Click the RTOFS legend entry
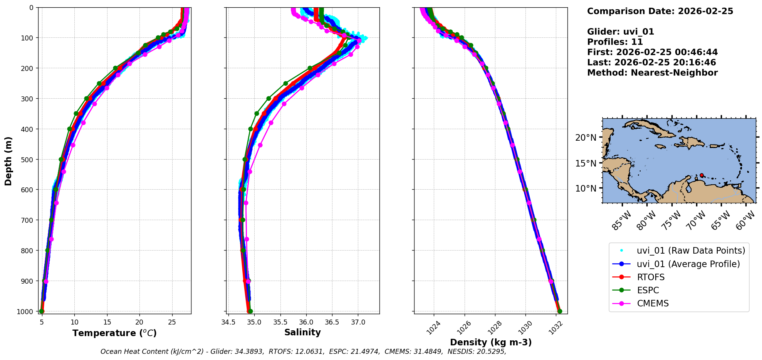tap(651, 277)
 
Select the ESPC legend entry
tap(648, 290)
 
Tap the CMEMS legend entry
tap(653, 303)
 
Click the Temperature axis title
tap(114, 333)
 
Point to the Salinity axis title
tap(302, 332)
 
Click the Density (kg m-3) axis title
tap(490, 342)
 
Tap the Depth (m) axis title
tap(8, 161)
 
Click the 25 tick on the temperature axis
tap(172, 322)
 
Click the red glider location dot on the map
tap(702, 175)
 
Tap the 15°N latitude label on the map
tap(586, 163)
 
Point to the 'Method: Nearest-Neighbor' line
tap(652, 73)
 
